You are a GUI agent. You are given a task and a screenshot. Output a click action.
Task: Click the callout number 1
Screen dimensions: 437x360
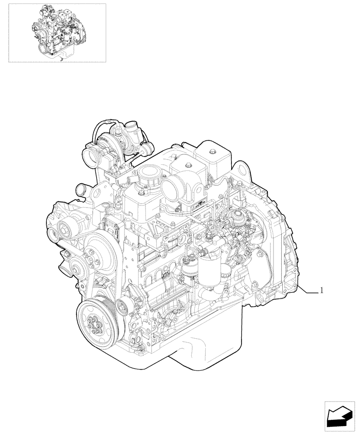322,290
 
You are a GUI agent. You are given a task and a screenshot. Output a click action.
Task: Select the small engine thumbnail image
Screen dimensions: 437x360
57,32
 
